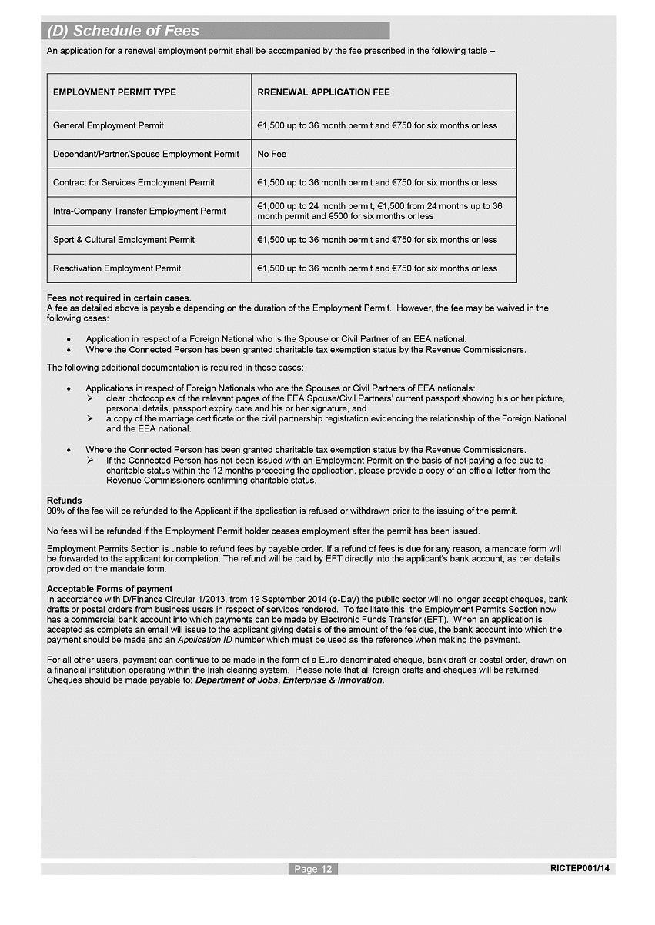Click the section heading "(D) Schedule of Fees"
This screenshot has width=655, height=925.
point(123,32)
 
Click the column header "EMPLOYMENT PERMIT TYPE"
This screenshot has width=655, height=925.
point(115,92)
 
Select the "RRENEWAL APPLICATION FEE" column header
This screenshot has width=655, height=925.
point(323,92)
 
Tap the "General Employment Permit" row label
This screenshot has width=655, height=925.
point(109,125)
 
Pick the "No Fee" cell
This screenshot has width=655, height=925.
point(272,154)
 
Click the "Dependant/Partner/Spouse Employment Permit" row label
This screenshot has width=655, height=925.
point(146,154)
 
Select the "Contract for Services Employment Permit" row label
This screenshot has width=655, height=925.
point(134,182)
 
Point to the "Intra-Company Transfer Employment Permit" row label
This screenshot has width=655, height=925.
point(139,211)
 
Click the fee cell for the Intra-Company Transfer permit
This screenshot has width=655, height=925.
point(379,211)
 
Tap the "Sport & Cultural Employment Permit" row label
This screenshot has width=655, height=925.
point(124,240)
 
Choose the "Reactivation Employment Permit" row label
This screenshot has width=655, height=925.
point(117,268)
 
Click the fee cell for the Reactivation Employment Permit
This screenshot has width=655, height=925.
point(377,268)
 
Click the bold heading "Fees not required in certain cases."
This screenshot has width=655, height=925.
point(119,298)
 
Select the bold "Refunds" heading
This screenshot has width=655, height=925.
point(65,501)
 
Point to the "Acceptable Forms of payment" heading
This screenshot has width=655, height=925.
point(110,589)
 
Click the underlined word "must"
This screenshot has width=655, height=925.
point(302,640)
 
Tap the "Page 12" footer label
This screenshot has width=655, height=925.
point(313,869)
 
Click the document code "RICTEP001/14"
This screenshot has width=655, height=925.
point(580,868)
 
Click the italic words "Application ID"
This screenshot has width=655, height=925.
point(205,640)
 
